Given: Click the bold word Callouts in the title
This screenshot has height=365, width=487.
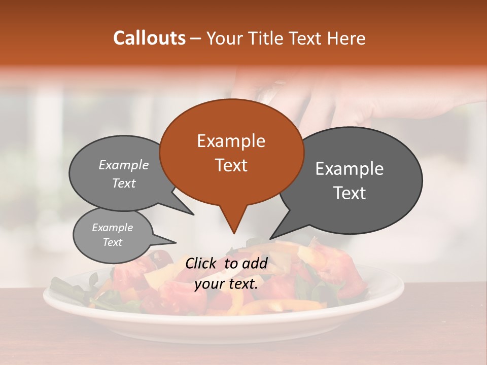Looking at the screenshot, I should click(149, 38).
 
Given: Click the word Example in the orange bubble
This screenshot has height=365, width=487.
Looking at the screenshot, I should click(231, 141).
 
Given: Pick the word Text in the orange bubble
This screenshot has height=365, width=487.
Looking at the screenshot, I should click(231, 165).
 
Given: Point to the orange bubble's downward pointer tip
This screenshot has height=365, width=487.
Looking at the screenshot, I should click(234, 233).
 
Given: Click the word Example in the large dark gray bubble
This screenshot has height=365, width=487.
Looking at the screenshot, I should click(349, 169).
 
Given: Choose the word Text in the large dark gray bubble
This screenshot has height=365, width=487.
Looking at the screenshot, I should click(349, 193).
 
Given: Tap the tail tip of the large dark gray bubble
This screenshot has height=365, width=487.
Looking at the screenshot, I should click(270, 238).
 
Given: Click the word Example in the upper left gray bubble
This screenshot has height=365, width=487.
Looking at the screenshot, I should click(124, 165).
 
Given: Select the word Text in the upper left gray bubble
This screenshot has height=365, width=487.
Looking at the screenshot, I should click(124, 183).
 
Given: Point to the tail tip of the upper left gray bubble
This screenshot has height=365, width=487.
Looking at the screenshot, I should click(193, 214).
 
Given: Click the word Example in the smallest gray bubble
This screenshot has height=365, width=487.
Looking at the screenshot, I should click(112, 228).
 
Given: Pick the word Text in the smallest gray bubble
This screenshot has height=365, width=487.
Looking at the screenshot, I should click(112, 242).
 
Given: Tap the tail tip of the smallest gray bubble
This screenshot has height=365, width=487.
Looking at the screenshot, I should click(176, 242).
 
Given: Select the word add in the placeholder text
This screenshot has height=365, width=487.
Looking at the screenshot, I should click(255, 263).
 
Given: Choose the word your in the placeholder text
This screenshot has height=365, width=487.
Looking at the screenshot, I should click(208, 284).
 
